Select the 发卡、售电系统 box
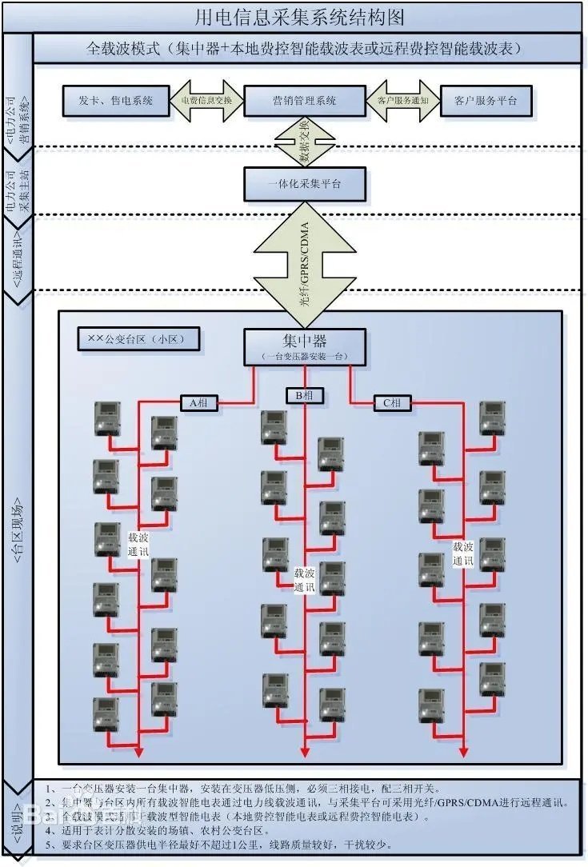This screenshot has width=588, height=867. (x=117, y=101)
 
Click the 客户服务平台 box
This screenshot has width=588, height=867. (x=485, y=101)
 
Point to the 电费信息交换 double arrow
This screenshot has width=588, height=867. (x=206, y=101)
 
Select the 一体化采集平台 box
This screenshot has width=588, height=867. (x=304, y=184)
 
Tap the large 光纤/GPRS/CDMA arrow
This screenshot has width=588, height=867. (x=305, y=256)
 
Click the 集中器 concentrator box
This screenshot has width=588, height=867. (x=305, y=346)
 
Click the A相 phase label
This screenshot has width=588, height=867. (x=198, y=403)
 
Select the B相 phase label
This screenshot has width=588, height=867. (x=305, y=395)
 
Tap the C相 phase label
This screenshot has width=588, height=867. (x=392, y=403)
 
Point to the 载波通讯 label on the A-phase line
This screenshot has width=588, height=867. (x=138, y=544)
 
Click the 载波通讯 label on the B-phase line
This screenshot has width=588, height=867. (x=305, y=581)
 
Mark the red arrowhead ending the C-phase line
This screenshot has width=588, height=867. (x=464, y=751)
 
